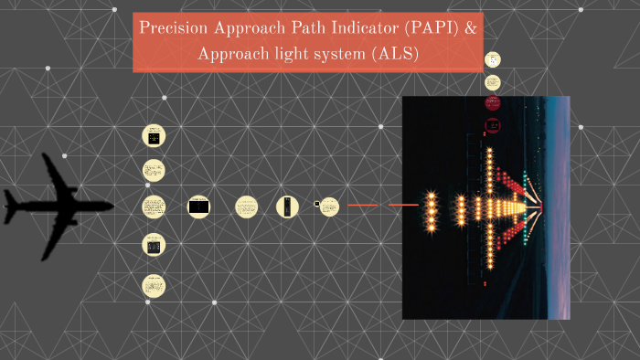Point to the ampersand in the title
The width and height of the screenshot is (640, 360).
(x=470, y=28)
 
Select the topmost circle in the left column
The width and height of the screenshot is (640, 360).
(x=153, y=136)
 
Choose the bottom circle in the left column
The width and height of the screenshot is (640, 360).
(x=153, y=285)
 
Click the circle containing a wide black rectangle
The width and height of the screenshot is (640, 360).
(x=198, y=207)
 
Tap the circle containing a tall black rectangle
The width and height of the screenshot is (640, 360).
(x=288, y=206)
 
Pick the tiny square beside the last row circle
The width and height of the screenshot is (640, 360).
(x=317, y=204)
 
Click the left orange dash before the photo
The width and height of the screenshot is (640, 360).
(x=363, y=206)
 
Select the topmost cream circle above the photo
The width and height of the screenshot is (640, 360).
(x=493, y=59)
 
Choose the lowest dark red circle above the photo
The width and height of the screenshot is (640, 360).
(x=493, y=123)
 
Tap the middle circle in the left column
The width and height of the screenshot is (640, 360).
(x=153, y=206)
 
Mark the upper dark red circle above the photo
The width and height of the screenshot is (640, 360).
(x=493, y=101)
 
